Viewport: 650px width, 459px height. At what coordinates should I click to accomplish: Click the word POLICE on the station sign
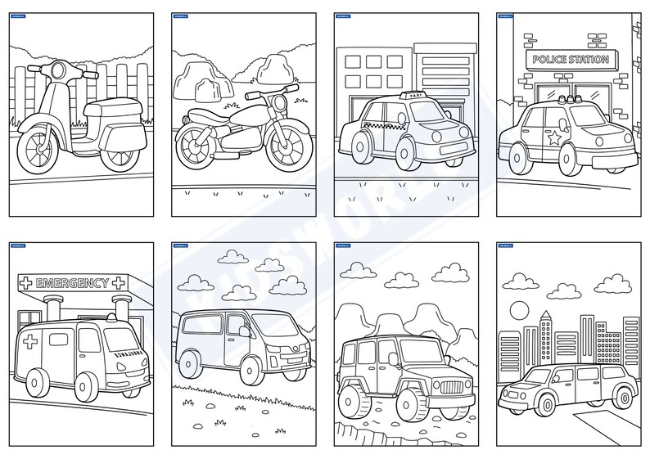click(551, 60)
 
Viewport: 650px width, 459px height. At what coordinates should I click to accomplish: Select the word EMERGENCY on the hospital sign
click(72, 284)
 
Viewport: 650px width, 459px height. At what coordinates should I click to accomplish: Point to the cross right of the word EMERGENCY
click(120, 284)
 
